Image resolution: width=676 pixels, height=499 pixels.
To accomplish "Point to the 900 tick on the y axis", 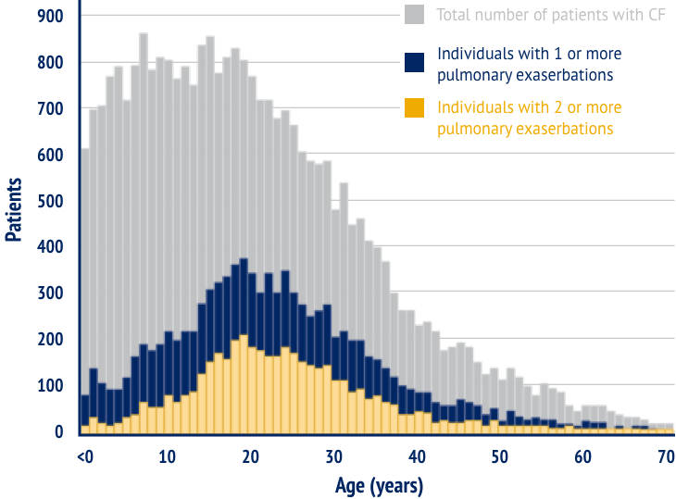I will click(x=51, y=17).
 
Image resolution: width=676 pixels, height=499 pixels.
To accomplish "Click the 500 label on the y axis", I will click(x=51, y=201).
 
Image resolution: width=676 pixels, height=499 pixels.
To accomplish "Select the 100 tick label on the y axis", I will click(x=51, y=385).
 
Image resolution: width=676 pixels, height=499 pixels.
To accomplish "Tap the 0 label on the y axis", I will click(x=58, y=431).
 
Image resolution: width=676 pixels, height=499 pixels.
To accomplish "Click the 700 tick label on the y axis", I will click(x=51, y=109).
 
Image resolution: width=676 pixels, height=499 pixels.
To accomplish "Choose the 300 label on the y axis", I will click(x=51, y=293).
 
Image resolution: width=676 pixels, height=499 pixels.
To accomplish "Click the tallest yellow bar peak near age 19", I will click(x=244, y=337).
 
